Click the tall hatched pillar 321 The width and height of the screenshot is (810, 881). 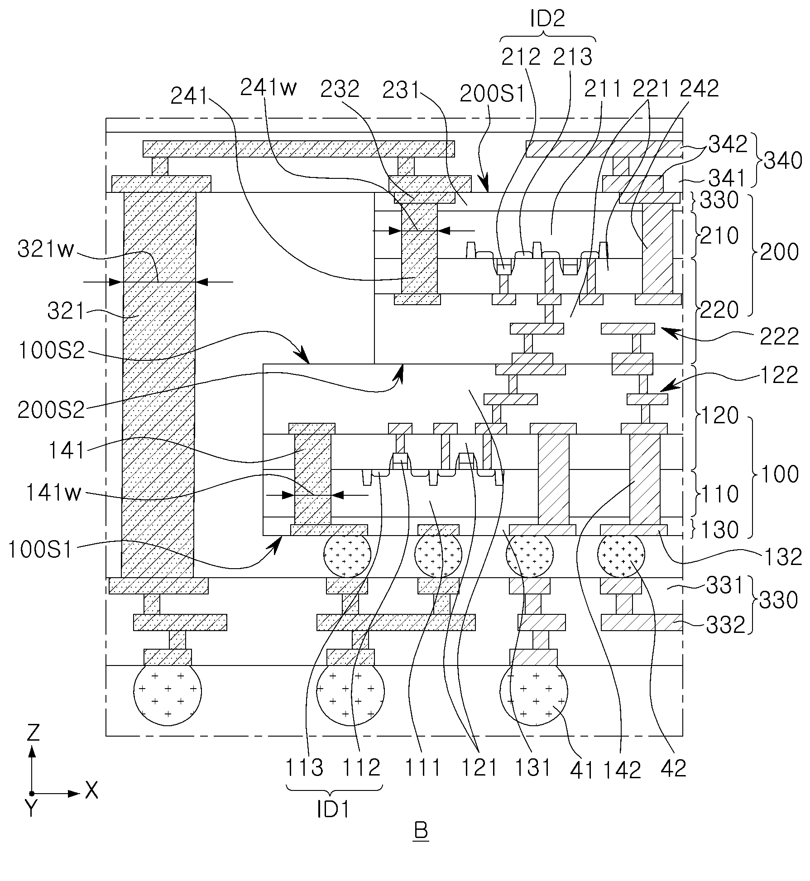(158, 385)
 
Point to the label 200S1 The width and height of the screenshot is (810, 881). (492, 94)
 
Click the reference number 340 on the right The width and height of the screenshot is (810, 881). (782, 160)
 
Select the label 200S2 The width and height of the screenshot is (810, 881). (51, 410)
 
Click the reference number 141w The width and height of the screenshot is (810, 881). (53, 493)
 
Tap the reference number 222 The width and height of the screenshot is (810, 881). (780, 336)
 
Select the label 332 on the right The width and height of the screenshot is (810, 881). (726, 625)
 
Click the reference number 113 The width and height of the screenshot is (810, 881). (304, 768)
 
